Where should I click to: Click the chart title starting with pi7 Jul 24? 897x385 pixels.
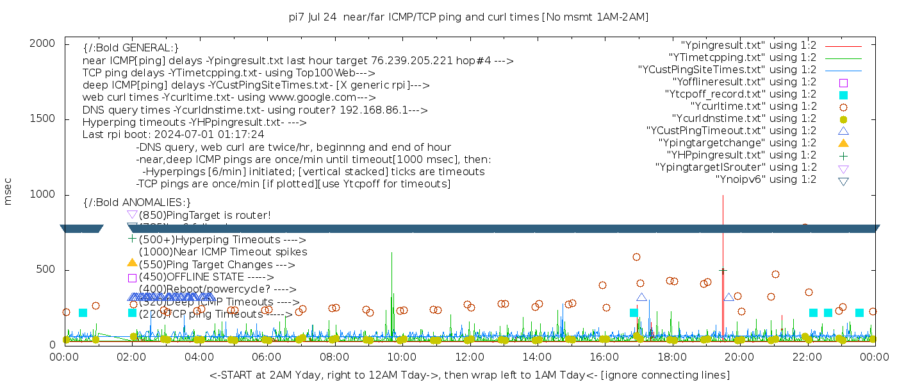click(x=468, y=17)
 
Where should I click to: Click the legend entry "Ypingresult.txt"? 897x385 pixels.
click(x=748, y=46)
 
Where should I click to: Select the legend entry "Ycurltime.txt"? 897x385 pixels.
click(x=753, y=107)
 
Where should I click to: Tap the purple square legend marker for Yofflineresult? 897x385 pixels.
click(x=843, y=83)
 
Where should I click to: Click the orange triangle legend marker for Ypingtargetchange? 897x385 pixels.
click(x=843, y=143)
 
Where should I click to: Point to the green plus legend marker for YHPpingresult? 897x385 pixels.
click(x=843, y=155)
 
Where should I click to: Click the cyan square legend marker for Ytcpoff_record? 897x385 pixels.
click(x=843, y=95)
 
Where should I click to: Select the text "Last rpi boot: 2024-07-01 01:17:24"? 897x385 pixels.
click(x=173, y=135)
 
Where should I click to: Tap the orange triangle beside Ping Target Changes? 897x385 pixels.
click(x=132, y=263)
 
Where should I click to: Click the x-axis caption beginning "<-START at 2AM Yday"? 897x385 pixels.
click(x=469, y=375)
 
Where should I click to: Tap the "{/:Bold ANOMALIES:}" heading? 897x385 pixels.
click(x=137, y=203)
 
